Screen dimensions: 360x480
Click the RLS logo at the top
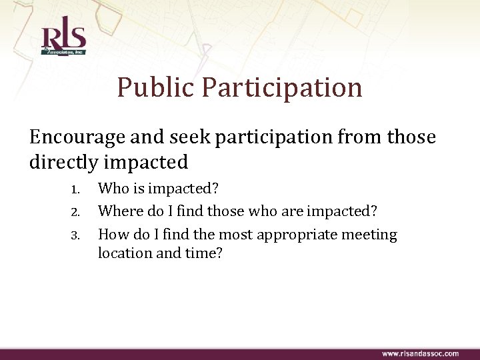(63, 41)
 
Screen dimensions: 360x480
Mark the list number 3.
(75, 235)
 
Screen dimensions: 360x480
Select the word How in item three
(112, 235)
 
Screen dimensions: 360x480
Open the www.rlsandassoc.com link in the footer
(419, 353)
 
